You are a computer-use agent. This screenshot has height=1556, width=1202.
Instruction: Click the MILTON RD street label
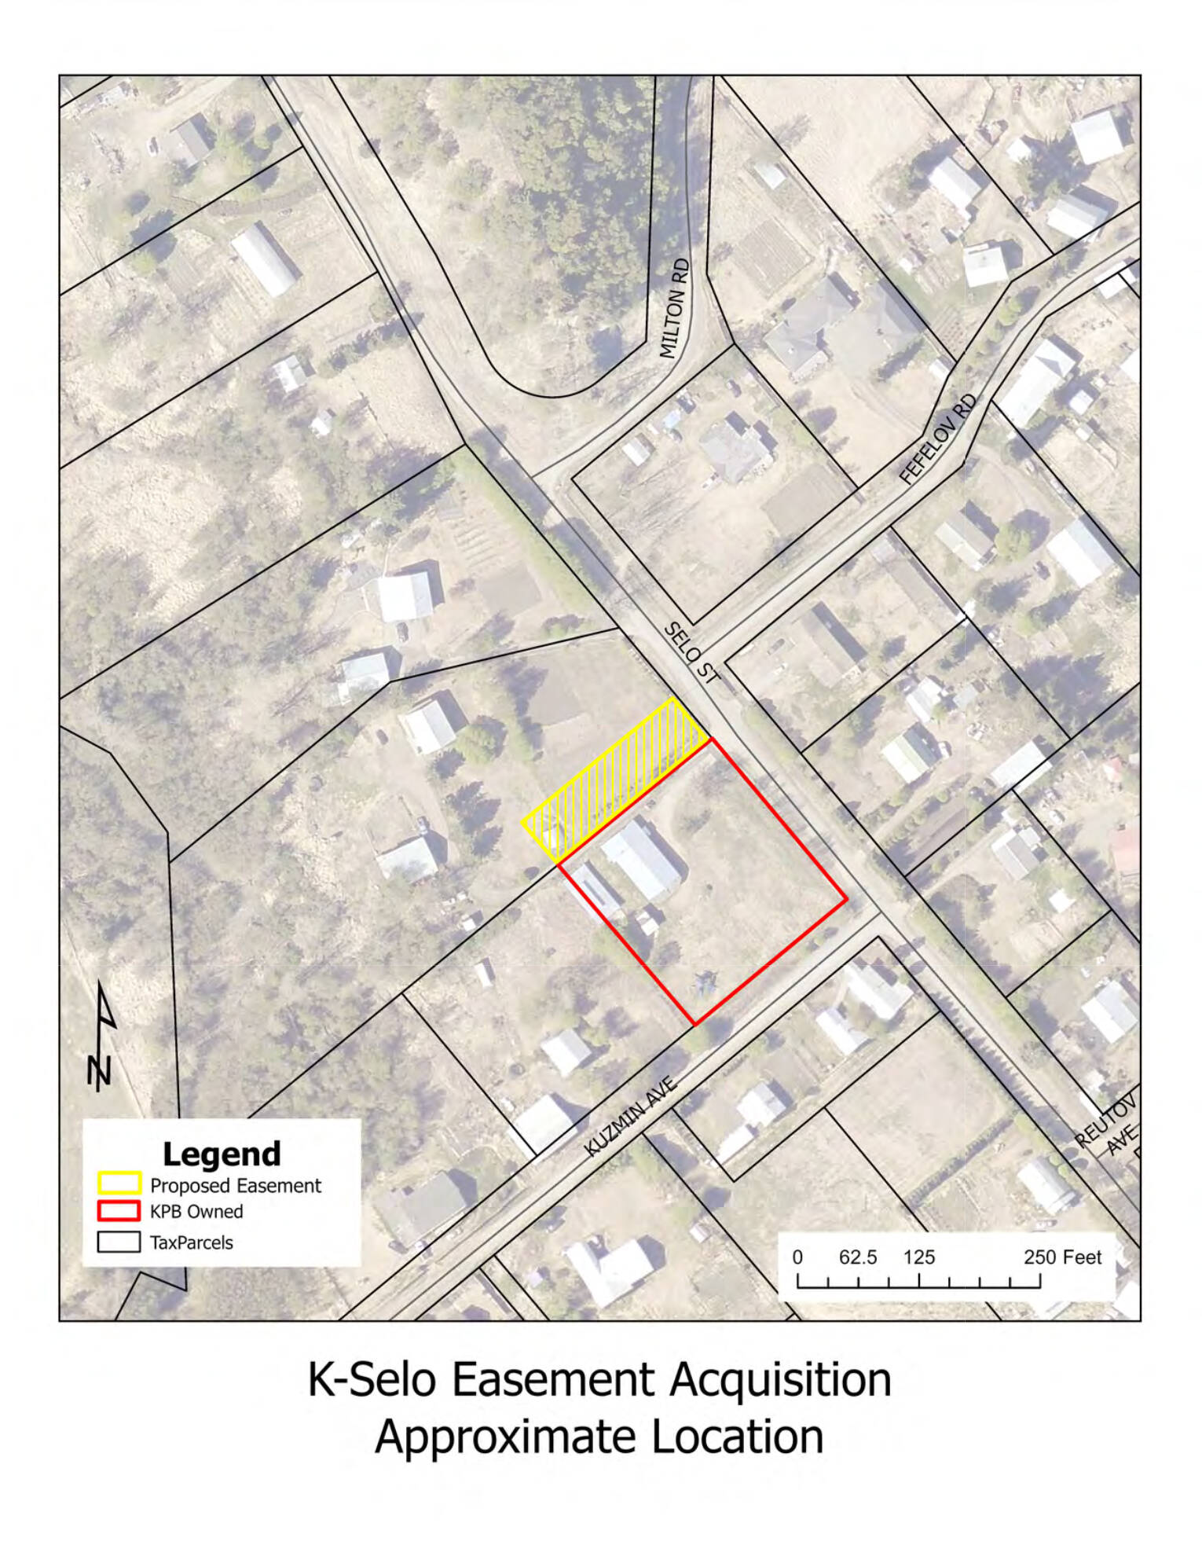[675, 309]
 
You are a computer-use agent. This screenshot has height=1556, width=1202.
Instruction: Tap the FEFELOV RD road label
[938, 439]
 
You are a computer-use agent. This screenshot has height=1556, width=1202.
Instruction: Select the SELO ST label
[691, 652]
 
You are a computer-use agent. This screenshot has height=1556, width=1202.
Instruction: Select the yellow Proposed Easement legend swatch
[119, 1184]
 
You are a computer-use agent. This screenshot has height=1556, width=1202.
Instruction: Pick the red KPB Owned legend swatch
[119, 1210]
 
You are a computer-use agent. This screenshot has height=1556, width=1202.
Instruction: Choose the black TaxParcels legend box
[119, 1242]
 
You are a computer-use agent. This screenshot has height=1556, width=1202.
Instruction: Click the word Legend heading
[222, 1154]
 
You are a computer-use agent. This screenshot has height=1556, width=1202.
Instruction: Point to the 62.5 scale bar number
[857, 1257]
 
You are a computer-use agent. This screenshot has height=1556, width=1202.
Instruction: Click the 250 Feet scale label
[1062, 1257]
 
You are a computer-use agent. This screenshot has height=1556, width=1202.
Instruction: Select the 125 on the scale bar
[918, 1257]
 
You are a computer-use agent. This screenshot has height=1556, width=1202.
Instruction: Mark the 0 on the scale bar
[797, 1257]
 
